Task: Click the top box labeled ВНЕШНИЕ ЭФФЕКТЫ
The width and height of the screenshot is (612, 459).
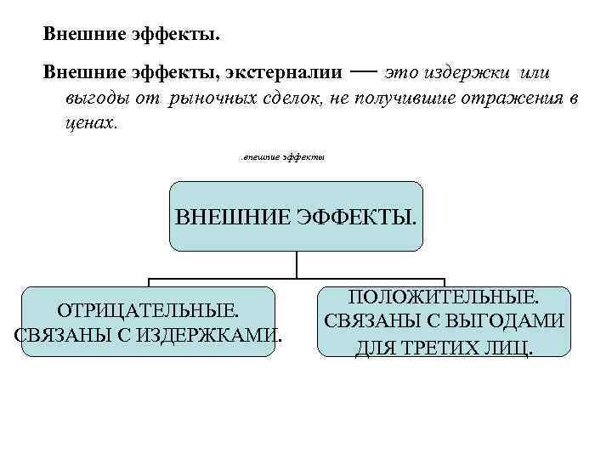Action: [x=296, y=216]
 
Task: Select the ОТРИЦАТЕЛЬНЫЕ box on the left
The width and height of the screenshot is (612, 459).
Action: [x=149, y=320]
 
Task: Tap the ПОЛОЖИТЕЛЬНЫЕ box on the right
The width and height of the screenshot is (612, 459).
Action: [x=444, y=321]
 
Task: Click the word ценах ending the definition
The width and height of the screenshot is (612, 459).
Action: [x=88, y=122]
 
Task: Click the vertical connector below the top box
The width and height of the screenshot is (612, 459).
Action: [x=297, y=265]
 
